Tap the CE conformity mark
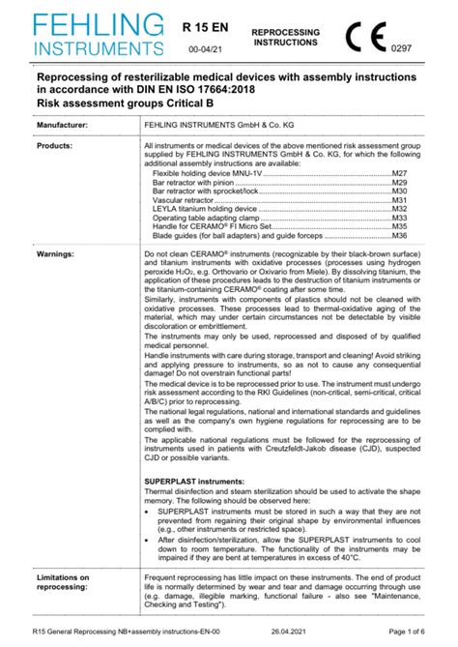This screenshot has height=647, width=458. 366,35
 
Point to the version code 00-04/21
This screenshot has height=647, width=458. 205,46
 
